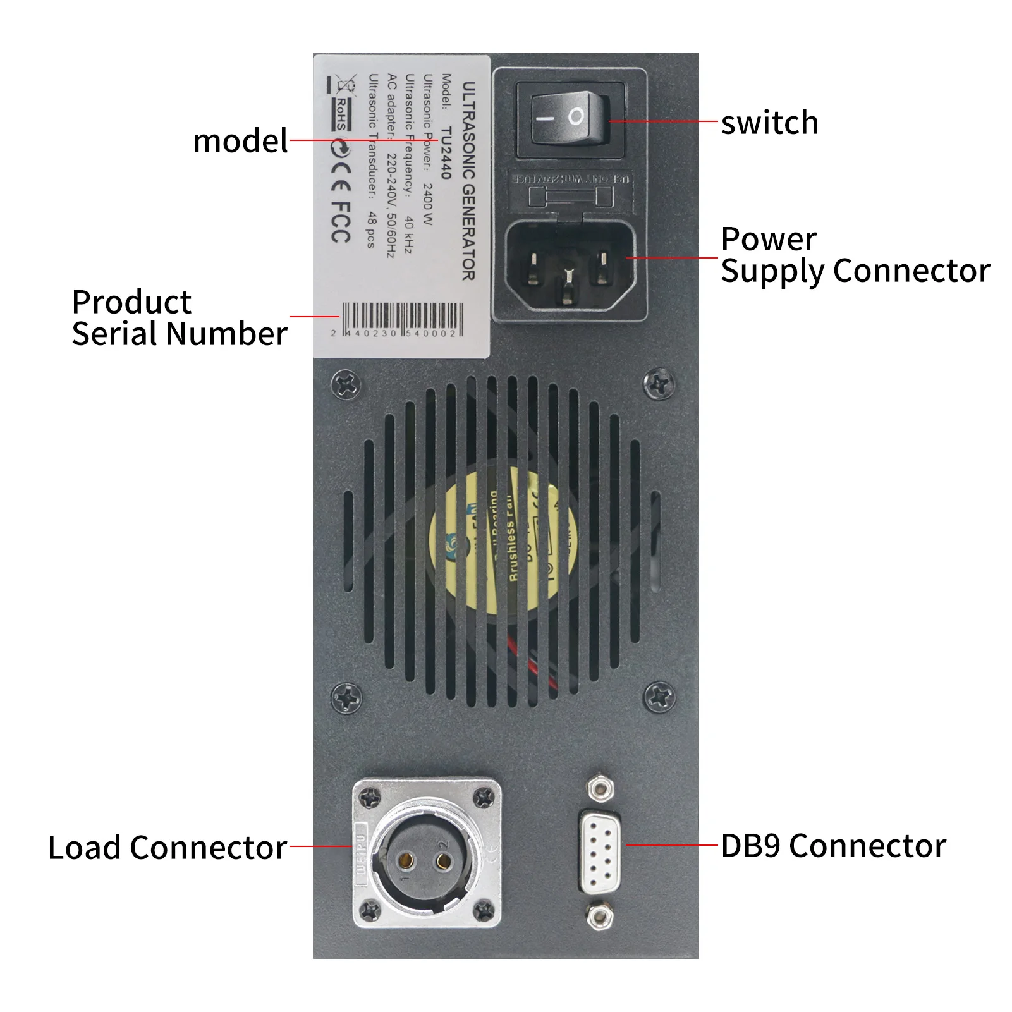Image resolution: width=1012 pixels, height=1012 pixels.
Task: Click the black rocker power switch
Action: (x=570, y=118)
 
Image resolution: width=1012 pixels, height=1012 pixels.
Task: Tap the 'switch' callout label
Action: (x=769, y=123)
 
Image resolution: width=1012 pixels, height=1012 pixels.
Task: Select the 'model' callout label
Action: (x=240, y=141)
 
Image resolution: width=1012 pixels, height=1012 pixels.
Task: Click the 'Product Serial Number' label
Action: (x=179, y=318)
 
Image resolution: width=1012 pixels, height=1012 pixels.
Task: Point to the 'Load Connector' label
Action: (x=168, y=848)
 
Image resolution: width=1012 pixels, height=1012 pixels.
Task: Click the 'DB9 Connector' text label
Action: (x=833, y=846)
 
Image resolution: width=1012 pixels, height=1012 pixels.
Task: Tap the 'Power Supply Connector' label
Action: (x=855, y=255)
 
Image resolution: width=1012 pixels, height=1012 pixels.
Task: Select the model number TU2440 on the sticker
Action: (x=446, y=152)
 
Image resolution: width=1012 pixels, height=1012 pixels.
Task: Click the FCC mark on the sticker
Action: (x=340, y=222)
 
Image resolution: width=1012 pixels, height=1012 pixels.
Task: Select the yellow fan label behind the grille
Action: (x=503, y=544)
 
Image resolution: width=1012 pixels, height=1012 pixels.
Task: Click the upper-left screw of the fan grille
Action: (x=346, y=384)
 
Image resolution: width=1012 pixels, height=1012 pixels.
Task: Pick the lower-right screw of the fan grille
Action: (x=659, y=697)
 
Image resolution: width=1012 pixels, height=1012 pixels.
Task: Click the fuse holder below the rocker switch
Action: (x=570, y=197)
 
